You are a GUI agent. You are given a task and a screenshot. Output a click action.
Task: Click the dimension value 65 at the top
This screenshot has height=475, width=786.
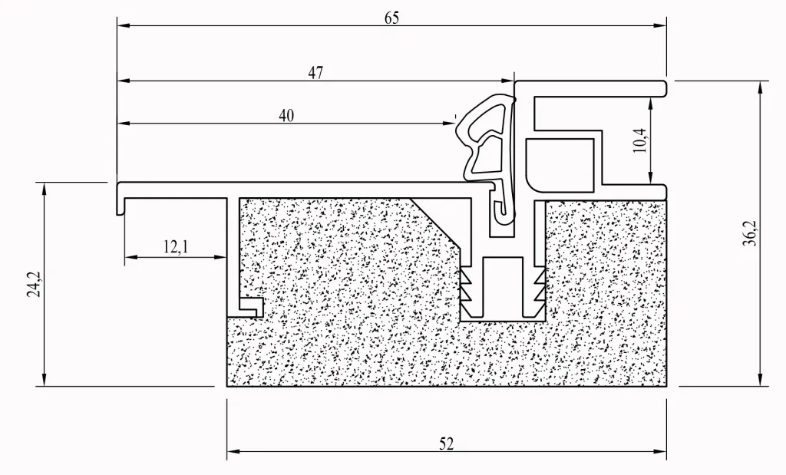391,18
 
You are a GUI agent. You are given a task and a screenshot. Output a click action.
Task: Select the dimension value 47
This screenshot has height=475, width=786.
315,73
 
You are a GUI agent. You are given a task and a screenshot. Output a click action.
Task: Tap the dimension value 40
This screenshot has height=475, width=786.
286,116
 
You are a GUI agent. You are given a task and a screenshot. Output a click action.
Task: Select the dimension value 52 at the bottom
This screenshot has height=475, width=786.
447,444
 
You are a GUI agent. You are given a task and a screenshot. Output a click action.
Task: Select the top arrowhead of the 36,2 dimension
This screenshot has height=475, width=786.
760,85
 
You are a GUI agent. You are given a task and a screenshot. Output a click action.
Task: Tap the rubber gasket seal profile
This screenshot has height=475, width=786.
485,146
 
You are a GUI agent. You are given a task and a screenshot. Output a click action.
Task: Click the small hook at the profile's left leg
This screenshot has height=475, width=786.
252,306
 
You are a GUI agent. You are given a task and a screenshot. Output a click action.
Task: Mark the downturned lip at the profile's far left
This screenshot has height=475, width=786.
121,203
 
